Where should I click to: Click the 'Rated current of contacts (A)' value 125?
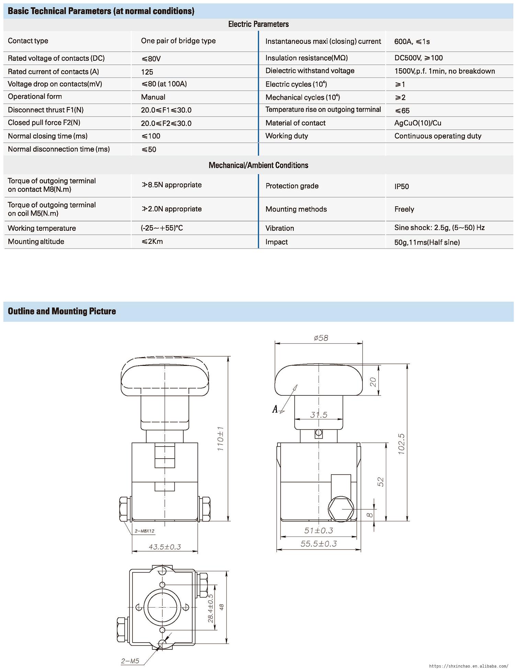pyautogui.click(x=147, y=72)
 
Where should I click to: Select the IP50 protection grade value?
pyautogui.click(x=401, y=186)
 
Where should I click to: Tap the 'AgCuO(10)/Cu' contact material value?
pyautogui.click(x=417, y=123)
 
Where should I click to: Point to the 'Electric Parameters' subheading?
pyautogui.click(x=258, y=24)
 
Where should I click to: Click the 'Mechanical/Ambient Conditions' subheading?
pyautogui.click(x=258, y=165)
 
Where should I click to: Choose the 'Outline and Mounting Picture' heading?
pyautogui.click(x=62, y=311)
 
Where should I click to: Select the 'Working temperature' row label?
pyautogui.click(x=42, y=228)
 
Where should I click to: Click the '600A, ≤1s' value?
pyautogui.click(x=412, y=42)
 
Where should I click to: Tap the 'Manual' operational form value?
pyautogui.click(x=153, y=97)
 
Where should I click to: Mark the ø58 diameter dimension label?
pyautogui.click(x=321, y=338)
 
